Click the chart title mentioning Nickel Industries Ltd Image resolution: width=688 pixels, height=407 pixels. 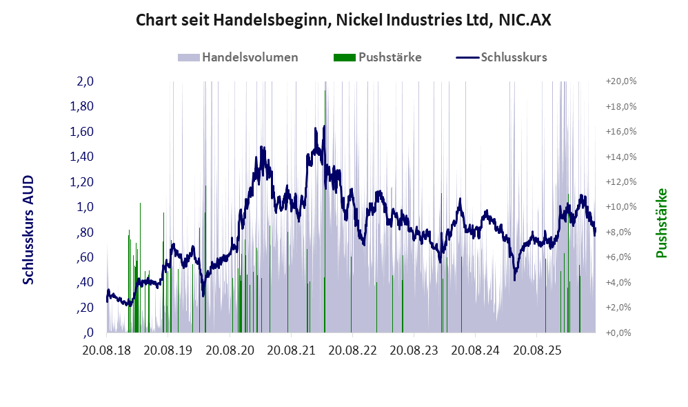(x=343, y=20)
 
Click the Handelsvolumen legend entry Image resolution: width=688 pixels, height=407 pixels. (x=238, y=57)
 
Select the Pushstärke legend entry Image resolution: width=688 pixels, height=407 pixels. (x=377, y=57)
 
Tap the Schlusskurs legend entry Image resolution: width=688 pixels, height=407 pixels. (x=501, y=57)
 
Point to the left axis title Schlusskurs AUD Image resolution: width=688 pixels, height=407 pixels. (x=28, y=230)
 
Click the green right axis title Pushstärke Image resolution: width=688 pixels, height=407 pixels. (x=661, y=223)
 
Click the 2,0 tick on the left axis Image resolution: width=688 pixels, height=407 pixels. (x=85, y=81)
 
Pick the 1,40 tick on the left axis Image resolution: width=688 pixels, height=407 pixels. (x=81, y=157)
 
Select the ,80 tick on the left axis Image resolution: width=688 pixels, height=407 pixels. (x=85, y=232)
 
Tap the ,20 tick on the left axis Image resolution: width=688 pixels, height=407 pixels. (x=85, y=308)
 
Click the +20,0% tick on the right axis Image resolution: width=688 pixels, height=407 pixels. (x=621, y=81)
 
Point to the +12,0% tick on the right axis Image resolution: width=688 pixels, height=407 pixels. (x=621, y=181)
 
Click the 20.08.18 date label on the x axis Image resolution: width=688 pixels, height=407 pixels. (x=107, y=350)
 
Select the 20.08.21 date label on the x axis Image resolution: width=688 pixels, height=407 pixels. (x=291, y=350)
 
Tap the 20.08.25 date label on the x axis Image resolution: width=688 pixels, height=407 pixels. (x=538, y=350)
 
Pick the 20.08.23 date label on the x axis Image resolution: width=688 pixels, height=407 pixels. (x=414, y=350)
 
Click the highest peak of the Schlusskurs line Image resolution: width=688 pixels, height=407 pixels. (x=324, y=126)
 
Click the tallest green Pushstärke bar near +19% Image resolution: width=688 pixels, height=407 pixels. (x=325, y=211)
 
